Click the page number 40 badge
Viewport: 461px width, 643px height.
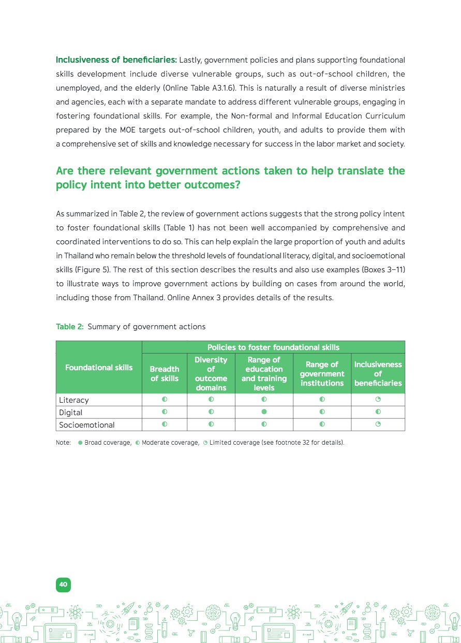[x=63, y=584]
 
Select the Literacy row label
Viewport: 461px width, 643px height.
[x=73, y=400]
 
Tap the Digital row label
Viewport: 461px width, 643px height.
[x=70, y=413]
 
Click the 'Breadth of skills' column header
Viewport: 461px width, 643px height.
[x=165, y=374]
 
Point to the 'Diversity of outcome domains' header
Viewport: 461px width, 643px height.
[x=211, y=374]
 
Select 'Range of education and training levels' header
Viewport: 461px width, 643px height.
[x=264, y=374]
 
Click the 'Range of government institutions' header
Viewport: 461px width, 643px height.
[x=322, y=374]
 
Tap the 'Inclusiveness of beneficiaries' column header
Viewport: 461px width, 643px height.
[x=378, y=374]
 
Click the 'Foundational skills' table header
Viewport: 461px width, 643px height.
[x=99, y=368]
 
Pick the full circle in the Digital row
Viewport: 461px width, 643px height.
[x=264, y=412]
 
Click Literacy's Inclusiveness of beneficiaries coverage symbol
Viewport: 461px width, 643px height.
[x=378, y=400]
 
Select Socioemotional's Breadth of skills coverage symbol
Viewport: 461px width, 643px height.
[x=165, y=425]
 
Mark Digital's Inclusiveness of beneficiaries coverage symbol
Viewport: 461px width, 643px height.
[x=378, y=412]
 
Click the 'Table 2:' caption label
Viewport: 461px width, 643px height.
[x=70, y=327]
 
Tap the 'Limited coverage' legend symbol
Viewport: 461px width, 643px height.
[x=205, y=443]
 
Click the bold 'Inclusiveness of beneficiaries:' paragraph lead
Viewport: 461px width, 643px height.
[x=116, y=60]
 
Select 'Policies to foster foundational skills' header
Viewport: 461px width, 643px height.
[x=273, y=347]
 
